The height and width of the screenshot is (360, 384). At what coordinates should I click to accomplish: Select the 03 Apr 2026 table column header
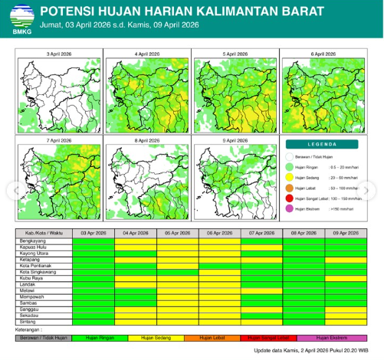tap(93, 233)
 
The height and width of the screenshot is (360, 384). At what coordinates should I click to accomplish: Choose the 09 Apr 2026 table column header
tap(346, 233)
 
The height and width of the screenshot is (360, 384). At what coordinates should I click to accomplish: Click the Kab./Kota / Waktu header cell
tap(44, 233)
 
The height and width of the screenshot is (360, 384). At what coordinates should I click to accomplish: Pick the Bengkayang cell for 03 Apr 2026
tap(93, 241)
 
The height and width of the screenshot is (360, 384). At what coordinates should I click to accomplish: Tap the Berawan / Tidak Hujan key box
tap(44, 338)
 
